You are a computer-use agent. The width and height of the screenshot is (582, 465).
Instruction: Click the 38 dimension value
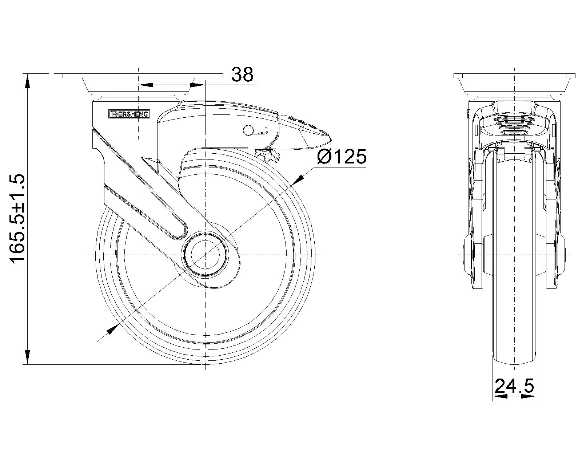242,74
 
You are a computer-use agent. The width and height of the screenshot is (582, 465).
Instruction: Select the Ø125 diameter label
342,157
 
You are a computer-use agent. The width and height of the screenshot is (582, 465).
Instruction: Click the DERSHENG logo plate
129,114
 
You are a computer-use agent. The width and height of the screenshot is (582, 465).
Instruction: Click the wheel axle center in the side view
205,255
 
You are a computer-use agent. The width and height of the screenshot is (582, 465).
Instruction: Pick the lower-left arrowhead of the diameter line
112,329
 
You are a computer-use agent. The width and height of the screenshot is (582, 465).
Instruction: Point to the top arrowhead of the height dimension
27,82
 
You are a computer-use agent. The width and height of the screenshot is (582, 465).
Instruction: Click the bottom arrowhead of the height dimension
27,357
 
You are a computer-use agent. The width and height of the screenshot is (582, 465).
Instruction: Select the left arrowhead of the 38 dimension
146,85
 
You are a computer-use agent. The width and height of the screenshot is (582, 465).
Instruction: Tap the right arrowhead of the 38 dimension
197,85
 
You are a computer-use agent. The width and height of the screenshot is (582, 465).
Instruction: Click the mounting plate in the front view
514,76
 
